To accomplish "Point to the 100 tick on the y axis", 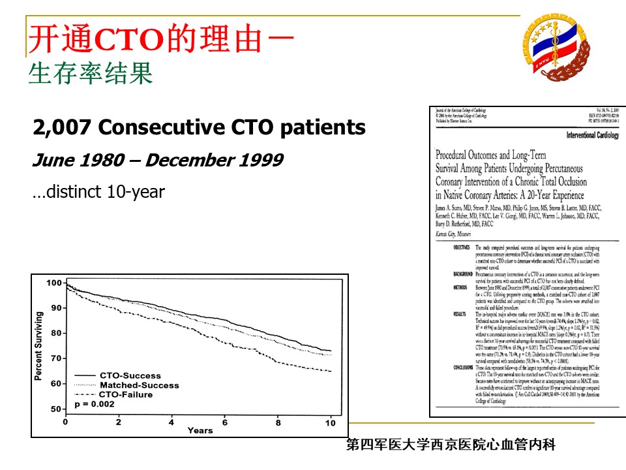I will click(55, 283).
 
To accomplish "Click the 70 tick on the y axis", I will click(57, 358).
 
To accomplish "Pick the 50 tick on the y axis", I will click(57, 409).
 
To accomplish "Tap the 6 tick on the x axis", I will click(225, 422).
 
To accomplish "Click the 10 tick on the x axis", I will click(331, 423).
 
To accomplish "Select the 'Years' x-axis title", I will click(200, 431).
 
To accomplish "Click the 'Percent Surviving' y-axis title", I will click(38, 346).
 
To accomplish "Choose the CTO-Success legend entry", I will click(129, 376).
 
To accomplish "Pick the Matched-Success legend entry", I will click(139, 385).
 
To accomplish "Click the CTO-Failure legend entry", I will click(126, 394).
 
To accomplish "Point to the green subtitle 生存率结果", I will click(90, 74).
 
